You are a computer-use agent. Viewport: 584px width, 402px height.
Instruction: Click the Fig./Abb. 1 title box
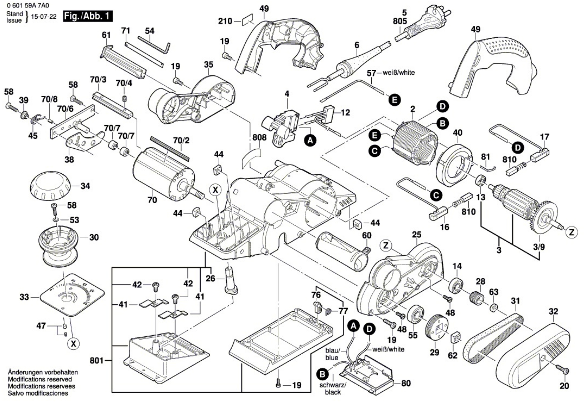88,16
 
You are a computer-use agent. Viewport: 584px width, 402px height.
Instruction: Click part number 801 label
97,361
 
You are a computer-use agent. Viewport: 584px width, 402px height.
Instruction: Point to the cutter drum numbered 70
164,174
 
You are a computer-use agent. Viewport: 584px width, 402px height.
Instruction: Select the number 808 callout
259,138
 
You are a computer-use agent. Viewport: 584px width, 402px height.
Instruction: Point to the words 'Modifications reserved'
40,379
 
